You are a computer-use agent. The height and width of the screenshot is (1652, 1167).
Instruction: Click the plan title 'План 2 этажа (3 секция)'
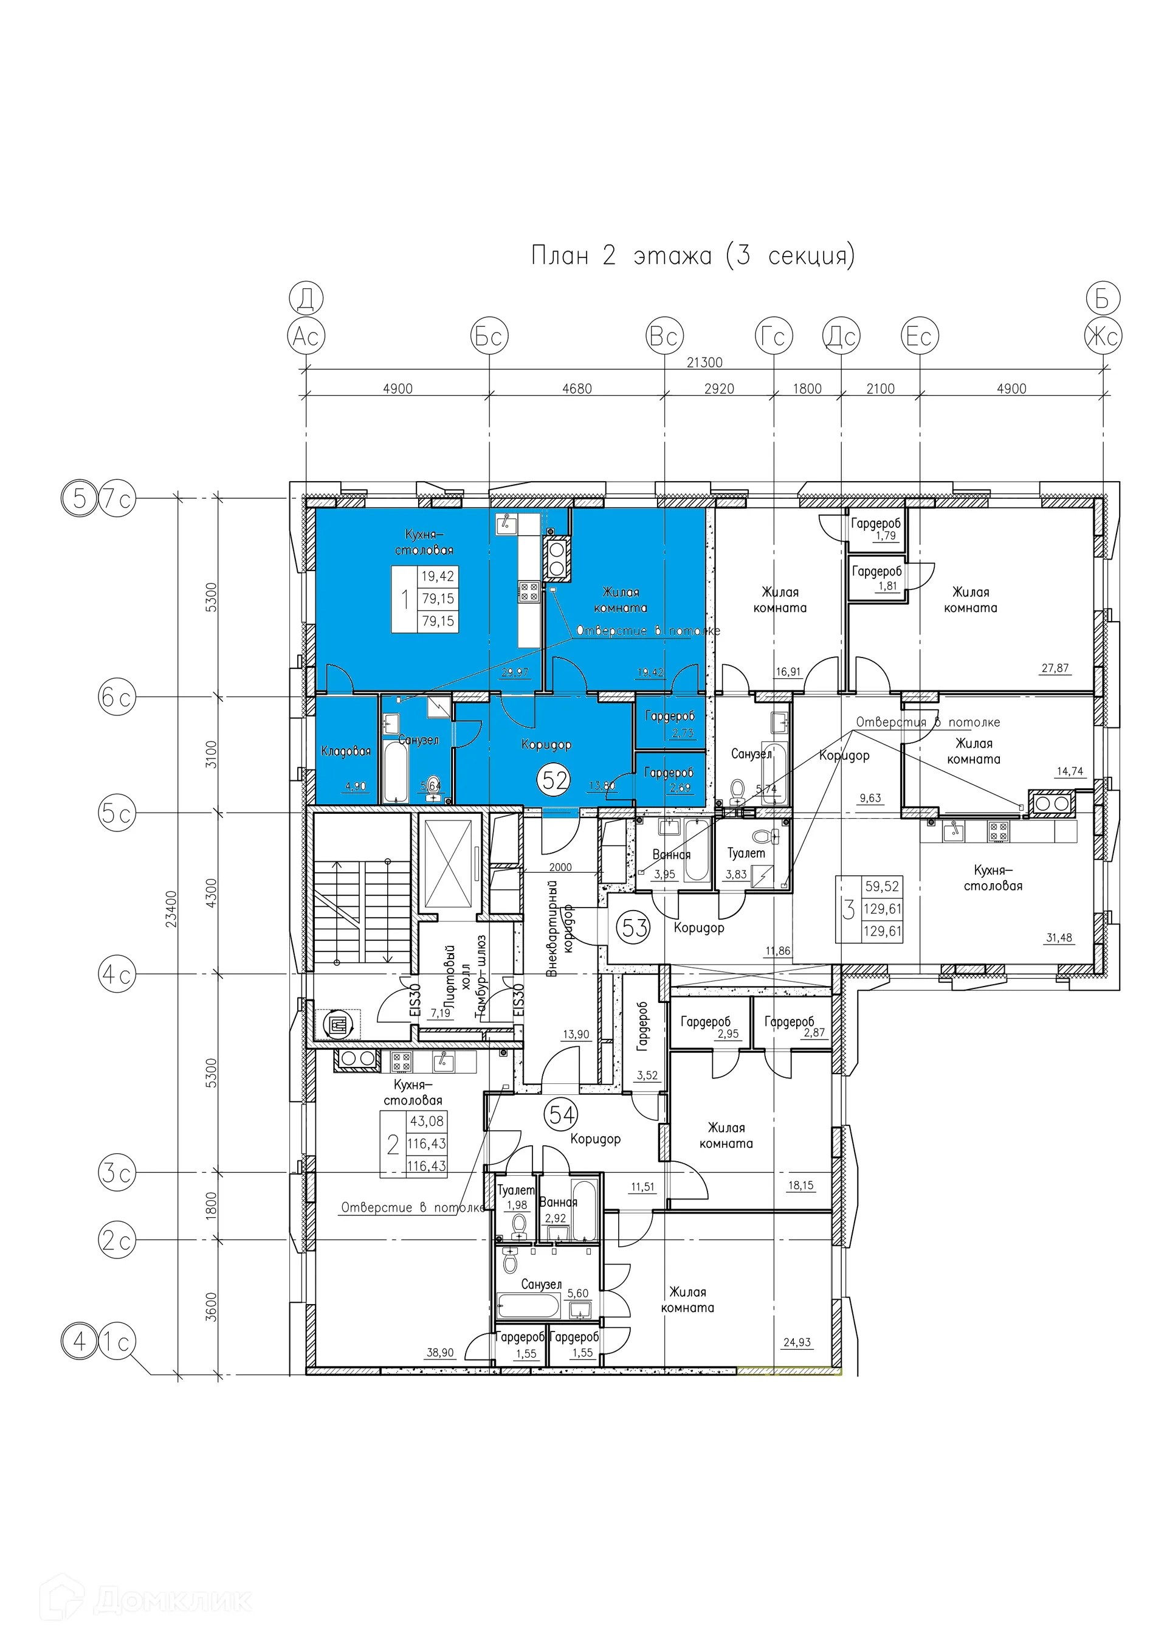(692, 255)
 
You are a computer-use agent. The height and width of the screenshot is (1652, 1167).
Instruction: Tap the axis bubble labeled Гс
(774, 336)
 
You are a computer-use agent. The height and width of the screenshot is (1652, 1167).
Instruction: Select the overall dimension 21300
(704, 362)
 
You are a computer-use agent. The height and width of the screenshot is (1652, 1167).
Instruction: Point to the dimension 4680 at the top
(577, 389)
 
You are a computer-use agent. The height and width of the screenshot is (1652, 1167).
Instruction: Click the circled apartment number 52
(555, 779)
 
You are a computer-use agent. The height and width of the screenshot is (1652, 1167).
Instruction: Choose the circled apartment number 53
(635, 928)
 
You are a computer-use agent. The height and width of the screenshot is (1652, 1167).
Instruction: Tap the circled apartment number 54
(562, 1114)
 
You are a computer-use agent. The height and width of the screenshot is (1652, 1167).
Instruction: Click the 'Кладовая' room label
(346, 751)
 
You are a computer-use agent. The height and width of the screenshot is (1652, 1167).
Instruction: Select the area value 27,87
(1055, 668)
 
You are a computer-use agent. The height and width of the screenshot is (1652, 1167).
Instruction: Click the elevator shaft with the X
(449, 864)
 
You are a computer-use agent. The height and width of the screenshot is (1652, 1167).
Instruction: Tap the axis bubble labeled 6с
(117, 697)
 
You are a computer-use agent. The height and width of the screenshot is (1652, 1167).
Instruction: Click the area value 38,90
(440, 1353)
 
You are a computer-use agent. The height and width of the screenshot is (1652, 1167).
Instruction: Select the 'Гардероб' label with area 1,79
(875, 524)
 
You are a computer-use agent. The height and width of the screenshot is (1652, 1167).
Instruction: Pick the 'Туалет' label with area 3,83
(746, 853)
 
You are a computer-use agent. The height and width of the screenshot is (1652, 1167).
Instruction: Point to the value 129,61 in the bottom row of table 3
(883, 931)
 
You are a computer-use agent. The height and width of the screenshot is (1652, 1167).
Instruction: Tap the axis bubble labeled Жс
(1103, 336)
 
